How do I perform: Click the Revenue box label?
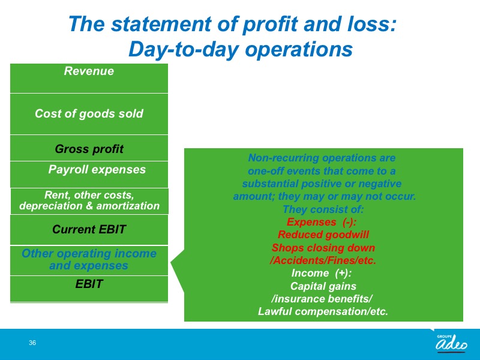coord(89,71)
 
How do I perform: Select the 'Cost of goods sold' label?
coord(89,113)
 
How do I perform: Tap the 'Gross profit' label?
coord(89,149)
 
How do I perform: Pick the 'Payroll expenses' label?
coord(97,170)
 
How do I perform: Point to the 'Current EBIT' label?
coord(89,229)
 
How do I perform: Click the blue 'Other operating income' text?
coord(89,253)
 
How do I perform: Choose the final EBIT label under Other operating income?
coord(89,284)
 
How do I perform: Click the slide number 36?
coord(32,343)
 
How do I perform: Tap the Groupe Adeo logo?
coord(451,343)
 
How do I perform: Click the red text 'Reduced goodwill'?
coord(323,235)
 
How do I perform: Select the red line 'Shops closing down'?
coord(323,248)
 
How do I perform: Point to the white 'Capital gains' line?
coord(323,286)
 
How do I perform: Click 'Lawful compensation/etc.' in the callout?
coord(323,311)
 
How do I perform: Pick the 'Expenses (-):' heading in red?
coord(322,222)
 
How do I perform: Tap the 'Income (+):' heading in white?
coord(322,273)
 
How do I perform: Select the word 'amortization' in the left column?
coord(128,206)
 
